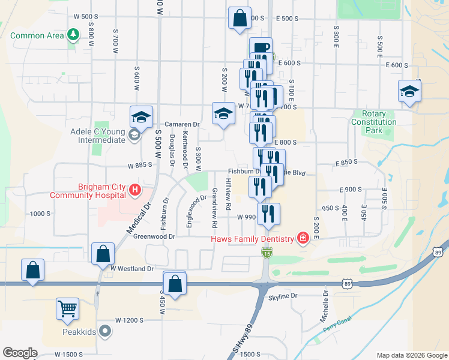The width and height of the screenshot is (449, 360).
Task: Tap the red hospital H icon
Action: point(135,190)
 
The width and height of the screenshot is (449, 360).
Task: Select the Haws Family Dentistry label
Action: point(253,239)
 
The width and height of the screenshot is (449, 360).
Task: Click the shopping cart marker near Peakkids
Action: point(68,310)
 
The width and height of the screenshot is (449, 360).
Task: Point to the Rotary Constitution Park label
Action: point(373,122)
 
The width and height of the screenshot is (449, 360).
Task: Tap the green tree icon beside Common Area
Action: point(73,35)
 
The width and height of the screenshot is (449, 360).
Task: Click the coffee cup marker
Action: point(261,48)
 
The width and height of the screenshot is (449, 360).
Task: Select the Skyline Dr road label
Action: point(283,296)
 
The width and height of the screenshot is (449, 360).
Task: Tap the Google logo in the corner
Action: point(20,353)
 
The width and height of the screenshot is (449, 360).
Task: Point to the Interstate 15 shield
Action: point(266,254)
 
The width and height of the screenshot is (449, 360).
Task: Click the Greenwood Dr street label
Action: point(154,237)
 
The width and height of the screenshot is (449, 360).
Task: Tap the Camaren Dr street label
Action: point(182,124)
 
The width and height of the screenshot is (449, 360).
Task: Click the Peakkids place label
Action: point(80,331)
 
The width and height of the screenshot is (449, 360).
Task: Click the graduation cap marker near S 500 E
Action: point(409,91)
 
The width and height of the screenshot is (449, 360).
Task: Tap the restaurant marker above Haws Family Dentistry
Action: point(268,214)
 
